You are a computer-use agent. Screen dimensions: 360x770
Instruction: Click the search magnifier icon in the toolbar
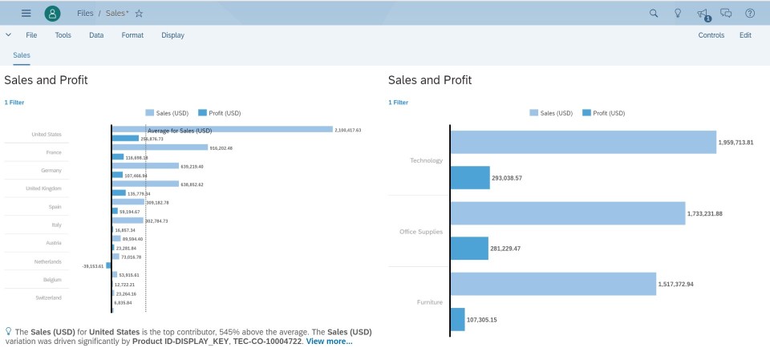click(x=654, y=13)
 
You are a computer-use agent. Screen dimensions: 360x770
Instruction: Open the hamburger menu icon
click(x=26, y=13)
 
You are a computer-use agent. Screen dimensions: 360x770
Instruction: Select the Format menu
click(x=132, y=35)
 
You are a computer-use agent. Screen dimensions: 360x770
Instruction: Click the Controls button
click(x=711, y=35)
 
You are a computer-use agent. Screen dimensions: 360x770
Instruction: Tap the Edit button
click(x=745, y=35)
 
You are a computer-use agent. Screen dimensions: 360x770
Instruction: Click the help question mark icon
click(x=750, y=13)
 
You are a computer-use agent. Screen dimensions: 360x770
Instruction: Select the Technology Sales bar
click(x=582, y=142)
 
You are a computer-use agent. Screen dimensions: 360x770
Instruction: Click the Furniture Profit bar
click(x=457, y=319)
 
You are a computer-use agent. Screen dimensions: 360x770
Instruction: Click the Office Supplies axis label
click(x=421, y=232)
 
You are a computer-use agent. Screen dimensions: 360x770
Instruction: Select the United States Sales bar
click(x=222, y=129)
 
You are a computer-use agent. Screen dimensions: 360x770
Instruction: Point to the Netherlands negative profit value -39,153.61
click(x=92, y=265)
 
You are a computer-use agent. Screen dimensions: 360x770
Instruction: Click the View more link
click(x=329, y=342)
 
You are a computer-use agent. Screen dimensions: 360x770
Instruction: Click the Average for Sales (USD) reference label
click(x=180, y=131)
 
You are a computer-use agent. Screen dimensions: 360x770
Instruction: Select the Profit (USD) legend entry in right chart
click(x=603, y=113)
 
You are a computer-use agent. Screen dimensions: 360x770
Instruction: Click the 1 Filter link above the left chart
click(x=14, y=103)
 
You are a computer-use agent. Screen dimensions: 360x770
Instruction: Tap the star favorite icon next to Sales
click(x=139, y=14)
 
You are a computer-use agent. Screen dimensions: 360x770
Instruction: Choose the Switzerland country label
click(x=48, y=298)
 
